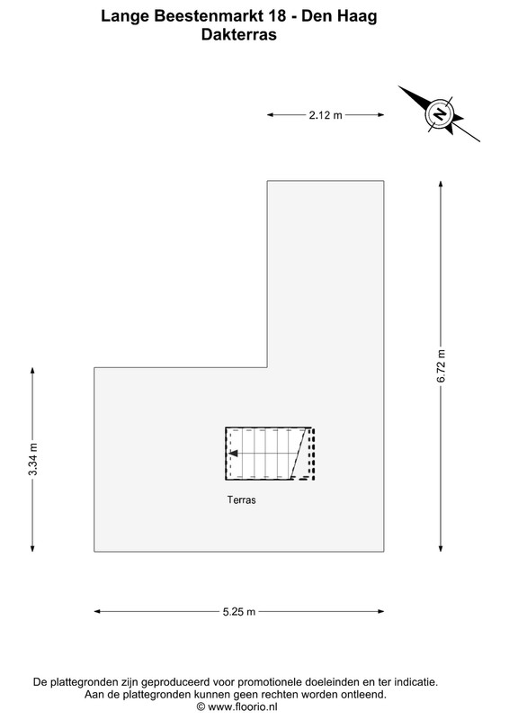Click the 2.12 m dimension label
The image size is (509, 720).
pos(326,115)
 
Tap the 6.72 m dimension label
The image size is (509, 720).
pos(441,366)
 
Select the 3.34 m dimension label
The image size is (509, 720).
pos(32,459)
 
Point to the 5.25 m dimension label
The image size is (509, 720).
pos(239,612)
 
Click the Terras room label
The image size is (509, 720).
pos(241,499)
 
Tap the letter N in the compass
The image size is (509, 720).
pos(440,113)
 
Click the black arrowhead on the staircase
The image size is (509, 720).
pos(233,454)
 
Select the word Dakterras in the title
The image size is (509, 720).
pos(238,34)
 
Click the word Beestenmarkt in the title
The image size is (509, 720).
pos(209,16)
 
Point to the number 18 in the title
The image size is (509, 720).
pos(277,16)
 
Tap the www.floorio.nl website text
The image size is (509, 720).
pos(242,706)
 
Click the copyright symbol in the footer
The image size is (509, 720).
pos(201,706)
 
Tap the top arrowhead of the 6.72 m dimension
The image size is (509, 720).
pos(441,184)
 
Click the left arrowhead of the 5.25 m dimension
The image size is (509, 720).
pos(97,611)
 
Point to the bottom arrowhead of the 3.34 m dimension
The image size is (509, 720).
pos(32,548)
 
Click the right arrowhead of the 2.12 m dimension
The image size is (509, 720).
pos(380,115)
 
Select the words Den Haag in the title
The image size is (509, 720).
pos(339,16)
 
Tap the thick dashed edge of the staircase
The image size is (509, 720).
pos(313,454)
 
